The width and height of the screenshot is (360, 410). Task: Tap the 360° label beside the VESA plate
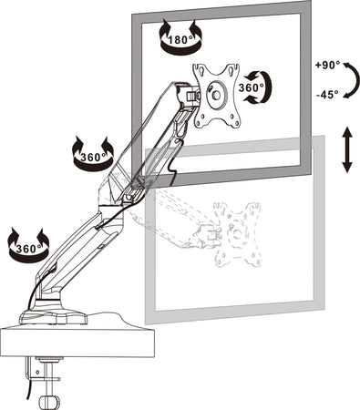pos(252,87)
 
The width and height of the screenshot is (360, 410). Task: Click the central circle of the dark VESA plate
pos(217,91)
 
